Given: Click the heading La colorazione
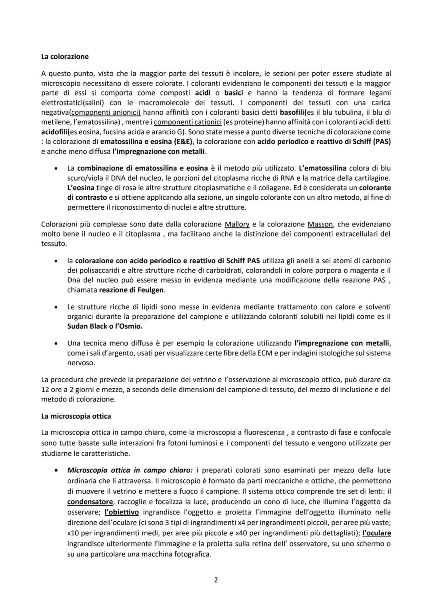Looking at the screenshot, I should click(x=65, y=57).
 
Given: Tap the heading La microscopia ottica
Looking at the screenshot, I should click(x=76, y=416).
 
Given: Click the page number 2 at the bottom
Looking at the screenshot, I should click(x=216, y=580).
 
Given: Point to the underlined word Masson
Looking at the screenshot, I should click(x=320, y=224).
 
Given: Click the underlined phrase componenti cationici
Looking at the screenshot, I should click(x=188, y=122).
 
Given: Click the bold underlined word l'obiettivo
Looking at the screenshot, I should click(x=122, y=512).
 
